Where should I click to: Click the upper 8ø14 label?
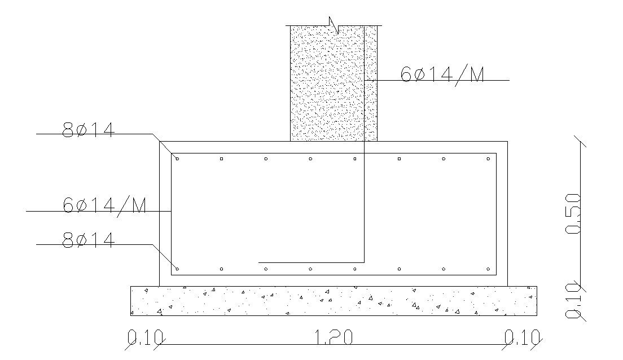[x=89, y=130]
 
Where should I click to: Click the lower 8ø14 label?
[x=89, y=240]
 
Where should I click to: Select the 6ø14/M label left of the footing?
[x=104, y=205]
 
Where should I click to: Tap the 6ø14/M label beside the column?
[x=442, y=74]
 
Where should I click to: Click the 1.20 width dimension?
[x=334, y=337]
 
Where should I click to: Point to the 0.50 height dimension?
[x=573, y=213]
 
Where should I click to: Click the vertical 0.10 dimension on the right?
[x=573, y=301]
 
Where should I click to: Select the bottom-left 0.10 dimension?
[x=145, y=337]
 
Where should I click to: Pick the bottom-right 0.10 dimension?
[x=522, y=337]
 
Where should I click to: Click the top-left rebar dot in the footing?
[x=177, y=159]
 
